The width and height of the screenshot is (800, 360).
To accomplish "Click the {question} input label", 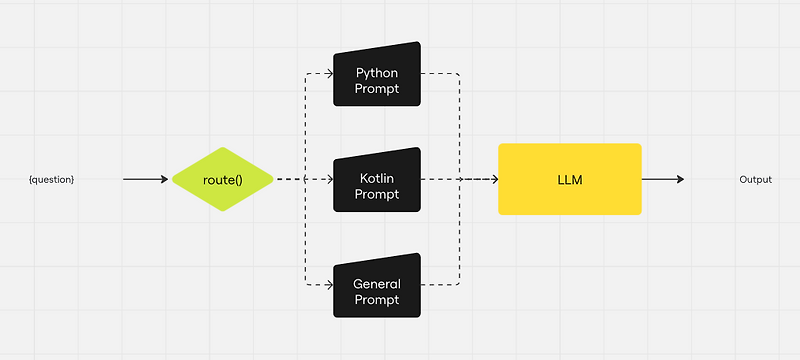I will point(51,180).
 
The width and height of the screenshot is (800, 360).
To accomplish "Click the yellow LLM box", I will point(569,179).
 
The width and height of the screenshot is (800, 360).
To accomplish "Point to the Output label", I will point(755,180).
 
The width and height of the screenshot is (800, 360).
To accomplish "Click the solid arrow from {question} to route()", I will point(145,180).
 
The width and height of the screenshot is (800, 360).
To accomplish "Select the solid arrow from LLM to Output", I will point(662,180).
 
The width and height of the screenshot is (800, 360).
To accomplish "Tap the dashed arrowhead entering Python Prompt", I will point(327,74).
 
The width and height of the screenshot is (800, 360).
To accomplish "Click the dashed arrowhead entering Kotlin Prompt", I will point(327,180).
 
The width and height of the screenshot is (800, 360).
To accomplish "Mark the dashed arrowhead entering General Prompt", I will point(327,285).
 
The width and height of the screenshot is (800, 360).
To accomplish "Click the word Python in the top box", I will point(377,73).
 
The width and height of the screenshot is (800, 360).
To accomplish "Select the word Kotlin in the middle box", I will point(377,178).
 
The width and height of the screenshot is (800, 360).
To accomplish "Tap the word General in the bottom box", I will point(377,284).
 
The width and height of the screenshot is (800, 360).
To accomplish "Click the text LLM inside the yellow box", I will point(569,180).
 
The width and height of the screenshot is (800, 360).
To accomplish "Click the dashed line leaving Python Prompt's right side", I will point(440,74).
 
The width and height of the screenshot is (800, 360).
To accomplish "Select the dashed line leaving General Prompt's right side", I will point(440,285).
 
